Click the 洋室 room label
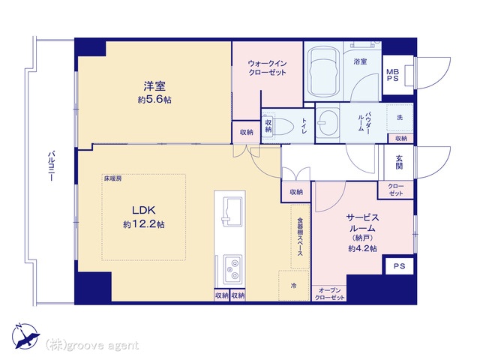click(154, 86)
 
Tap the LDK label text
click(143, 210)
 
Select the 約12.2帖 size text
click(144, 224)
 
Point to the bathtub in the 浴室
click(323, 73)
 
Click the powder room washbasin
click(327, 123)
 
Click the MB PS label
click(392, 75)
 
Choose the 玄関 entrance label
click(399, 162)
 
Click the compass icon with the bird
click(25, 336)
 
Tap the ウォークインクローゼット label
click(267, 68)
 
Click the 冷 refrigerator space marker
click(293, 286)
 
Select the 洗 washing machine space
click(400, 118)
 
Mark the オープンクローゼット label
click(330, 294)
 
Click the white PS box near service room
click(399, 266)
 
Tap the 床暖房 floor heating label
click(113, 178)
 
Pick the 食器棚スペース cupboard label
click(300, 237)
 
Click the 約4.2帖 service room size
click(362, 248)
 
